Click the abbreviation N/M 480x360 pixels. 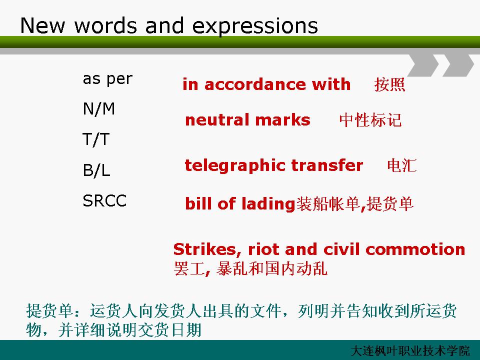99,108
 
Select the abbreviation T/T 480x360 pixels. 96,139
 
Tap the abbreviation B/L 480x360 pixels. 96,170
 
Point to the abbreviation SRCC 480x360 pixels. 104,201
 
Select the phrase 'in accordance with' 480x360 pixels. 266,84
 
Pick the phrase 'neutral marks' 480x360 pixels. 247,119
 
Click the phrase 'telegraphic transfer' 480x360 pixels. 274,165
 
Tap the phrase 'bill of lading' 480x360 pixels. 240,204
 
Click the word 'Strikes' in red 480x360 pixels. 205,249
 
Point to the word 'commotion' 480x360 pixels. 415,249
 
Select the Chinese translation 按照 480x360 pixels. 389,84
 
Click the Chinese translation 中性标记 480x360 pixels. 370,119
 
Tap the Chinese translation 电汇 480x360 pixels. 401,165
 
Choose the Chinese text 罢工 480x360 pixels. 189,268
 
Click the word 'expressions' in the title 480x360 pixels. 255,26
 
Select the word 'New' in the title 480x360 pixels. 42,25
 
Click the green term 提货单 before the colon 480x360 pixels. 49,311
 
